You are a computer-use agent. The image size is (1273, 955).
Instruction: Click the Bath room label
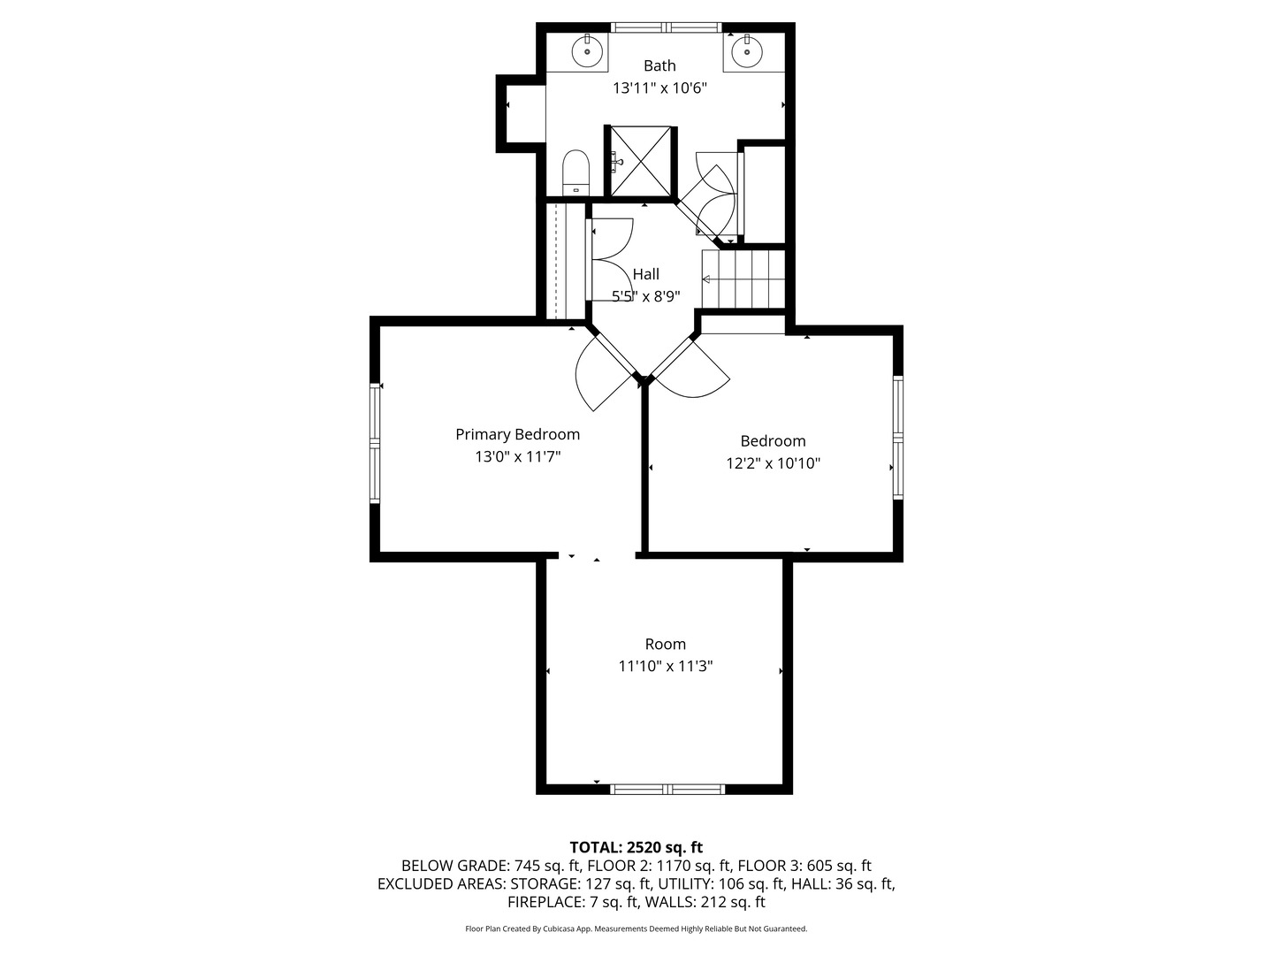[659, 65]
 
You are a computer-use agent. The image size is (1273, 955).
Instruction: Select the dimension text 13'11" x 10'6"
[659, 88]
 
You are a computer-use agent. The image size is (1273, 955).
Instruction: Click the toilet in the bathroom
[576, 172]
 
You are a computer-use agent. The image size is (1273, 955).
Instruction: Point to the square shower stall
[641, 161]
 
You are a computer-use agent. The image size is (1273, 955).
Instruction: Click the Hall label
[645, 274]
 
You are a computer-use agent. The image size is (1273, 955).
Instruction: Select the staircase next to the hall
[743, 279]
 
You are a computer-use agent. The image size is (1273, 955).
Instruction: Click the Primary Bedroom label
[517, 434]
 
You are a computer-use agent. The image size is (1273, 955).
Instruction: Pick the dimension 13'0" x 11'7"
[517, 457]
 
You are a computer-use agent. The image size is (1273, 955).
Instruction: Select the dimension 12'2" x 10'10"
[773, 463]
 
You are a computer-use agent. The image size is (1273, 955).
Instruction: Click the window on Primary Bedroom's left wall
[375, 443]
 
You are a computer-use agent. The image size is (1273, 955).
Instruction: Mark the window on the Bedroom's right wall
[898, 438]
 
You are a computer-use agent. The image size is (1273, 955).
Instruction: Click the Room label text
[665, 645]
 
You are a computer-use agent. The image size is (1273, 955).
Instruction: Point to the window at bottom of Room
[667, 789]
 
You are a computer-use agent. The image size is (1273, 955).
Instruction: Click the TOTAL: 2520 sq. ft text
[636, 847]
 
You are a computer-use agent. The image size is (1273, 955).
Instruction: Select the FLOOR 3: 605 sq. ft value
[804, 866]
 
